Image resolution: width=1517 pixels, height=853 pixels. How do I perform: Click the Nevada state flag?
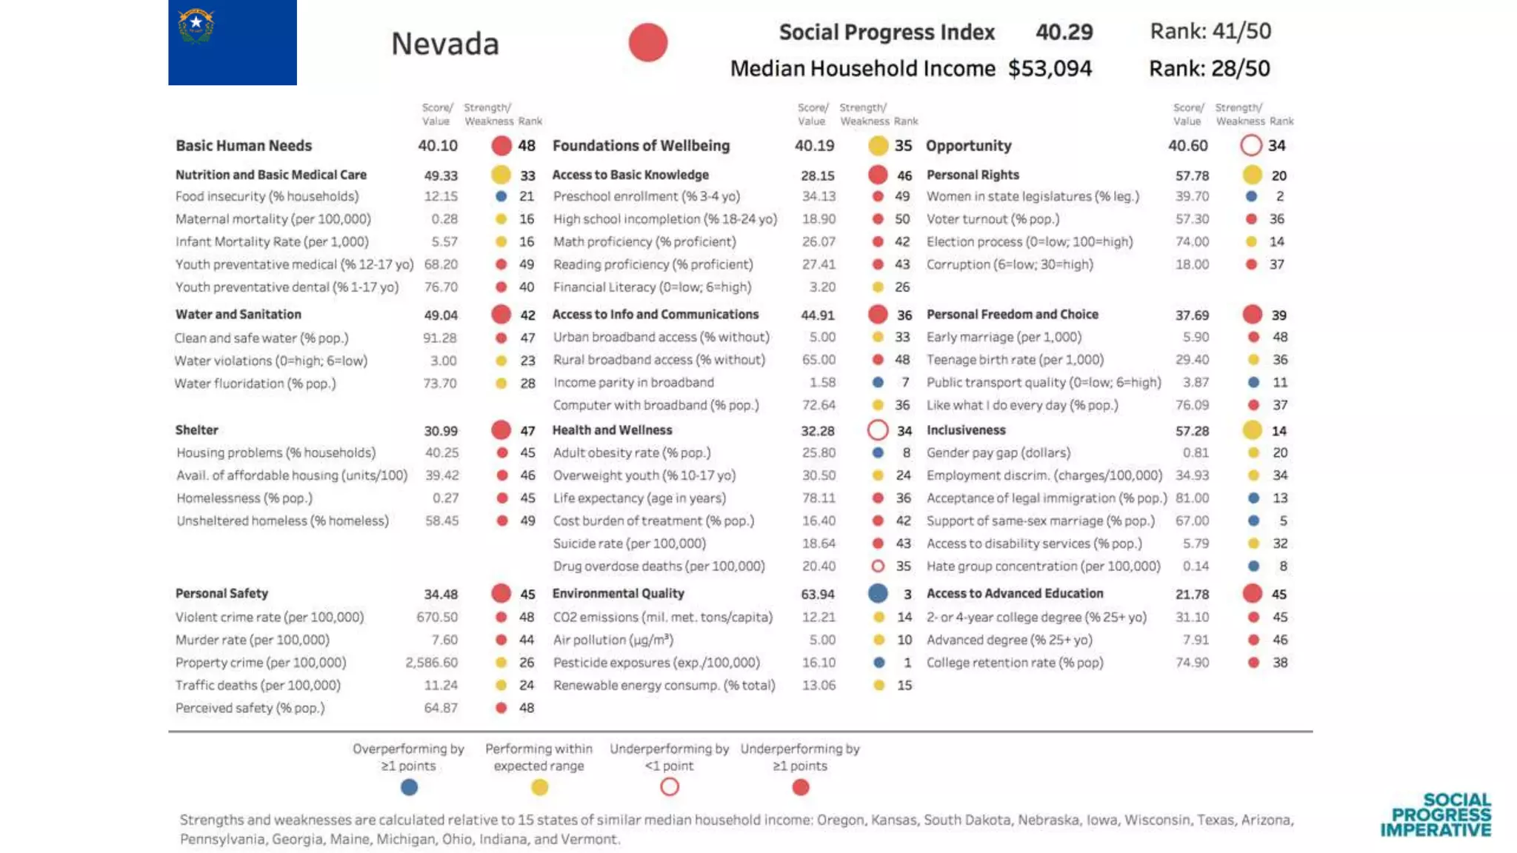(x=232, y=42)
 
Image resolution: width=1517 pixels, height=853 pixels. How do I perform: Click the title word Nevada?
(x=444, y=44)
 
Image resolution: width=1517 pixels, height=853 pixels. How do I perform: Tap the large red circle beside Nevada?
(x=648, y=42)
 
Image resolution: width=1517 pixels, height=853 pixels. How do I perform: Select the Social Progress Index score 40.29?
(x=1064, y=32)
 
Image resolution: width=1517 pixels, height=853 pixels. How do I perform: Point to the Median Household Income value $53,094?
(x=1050, y=69)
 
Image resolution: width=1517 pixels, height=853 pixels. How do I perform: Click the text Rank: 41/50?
(x=1210, y=31)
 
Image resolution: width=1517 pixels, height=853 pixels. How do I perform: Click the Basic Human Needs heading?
(x=244, y=146)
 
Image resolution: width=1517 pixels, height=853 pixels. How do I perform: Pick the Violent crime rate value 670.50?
(x=437, y=617)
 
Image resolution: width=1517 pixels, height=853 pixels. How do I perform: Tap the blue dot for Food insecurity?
(x=501, y=196)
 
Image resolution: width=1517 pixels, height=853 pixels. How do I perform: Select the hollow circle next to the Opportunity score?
(x=1250, y=145)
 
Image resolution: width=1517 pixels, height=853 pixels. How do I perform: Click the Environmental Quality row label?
(x=618, y=593)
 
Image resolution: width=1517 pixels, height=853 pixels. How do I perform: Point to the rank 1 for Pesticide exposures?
(x=907, y=663)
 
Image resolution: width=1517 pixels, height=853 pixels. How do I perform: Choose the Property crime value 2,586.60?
(x=431, y=663)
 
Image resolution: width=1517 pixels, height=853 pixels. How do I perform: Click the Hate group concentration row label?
(x=1043, y=566)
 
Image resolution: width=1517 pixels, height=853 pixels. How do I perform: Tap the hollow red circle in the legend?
(x=670, y=787)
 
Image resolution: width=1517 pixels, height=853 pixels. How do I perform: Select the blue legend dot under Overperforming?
(x=409, y=787)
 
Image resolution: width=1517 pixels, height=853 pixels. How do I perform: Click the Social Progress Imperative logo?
(x=1436, y=815)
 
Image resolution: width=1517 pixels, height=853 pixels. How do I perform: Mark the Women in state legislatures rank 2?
(x=1280, y=196)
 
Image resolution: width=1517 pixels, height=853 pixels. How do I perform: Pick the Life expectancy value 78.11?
(x=818, y=498)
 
